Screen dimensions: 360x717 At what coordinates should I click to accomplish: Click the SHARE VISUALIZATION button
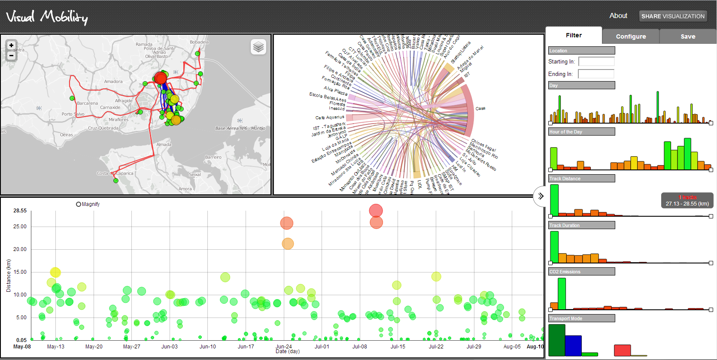673,16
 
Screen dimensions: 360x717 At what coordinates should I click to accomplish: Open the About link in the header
618,15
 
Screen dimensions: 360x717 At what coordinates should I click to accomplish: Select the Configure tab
631,36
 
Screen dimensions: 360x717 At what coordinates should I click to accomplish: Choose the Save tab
688,36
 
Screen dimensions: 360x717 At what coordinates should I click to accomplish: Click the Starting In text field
596,61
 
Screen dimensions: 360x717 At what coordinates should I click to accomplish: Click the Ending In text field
596,74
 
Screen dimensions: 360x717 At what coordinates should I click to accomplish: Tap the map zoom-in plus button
12,45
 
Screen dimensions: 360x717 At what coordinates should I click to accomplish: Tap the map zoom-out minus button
12,56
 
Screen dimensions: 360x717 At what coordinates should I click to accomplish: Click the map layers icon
258,47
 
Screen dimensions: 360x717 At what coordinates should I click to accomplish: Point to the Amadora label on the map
113,82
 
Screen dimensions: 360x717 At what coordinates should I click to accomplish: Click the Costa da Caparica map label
115,173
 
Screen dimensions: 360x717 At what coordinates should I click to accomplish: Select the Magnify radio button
79,204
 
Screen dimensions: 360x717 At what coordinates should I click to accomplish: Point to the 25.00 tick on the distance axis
20,227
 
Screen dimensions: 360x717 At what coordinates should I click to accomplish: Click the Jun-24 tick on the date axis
283,347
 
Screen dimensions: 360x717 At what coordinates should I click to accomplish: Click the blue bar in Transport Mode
573,346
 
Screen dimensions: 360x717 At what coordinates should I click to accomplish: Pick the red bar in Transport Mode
622,350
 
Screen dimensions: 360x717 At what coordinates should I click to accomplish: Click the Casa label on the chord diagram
480,109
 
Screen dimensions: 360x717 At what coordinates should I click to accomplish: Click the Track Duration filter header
581,225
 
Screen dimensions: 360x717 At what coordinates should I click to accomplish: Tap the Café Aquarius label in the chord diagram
330,118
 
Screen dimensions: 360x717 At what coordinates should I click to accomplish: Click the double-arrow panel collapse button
541,196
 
